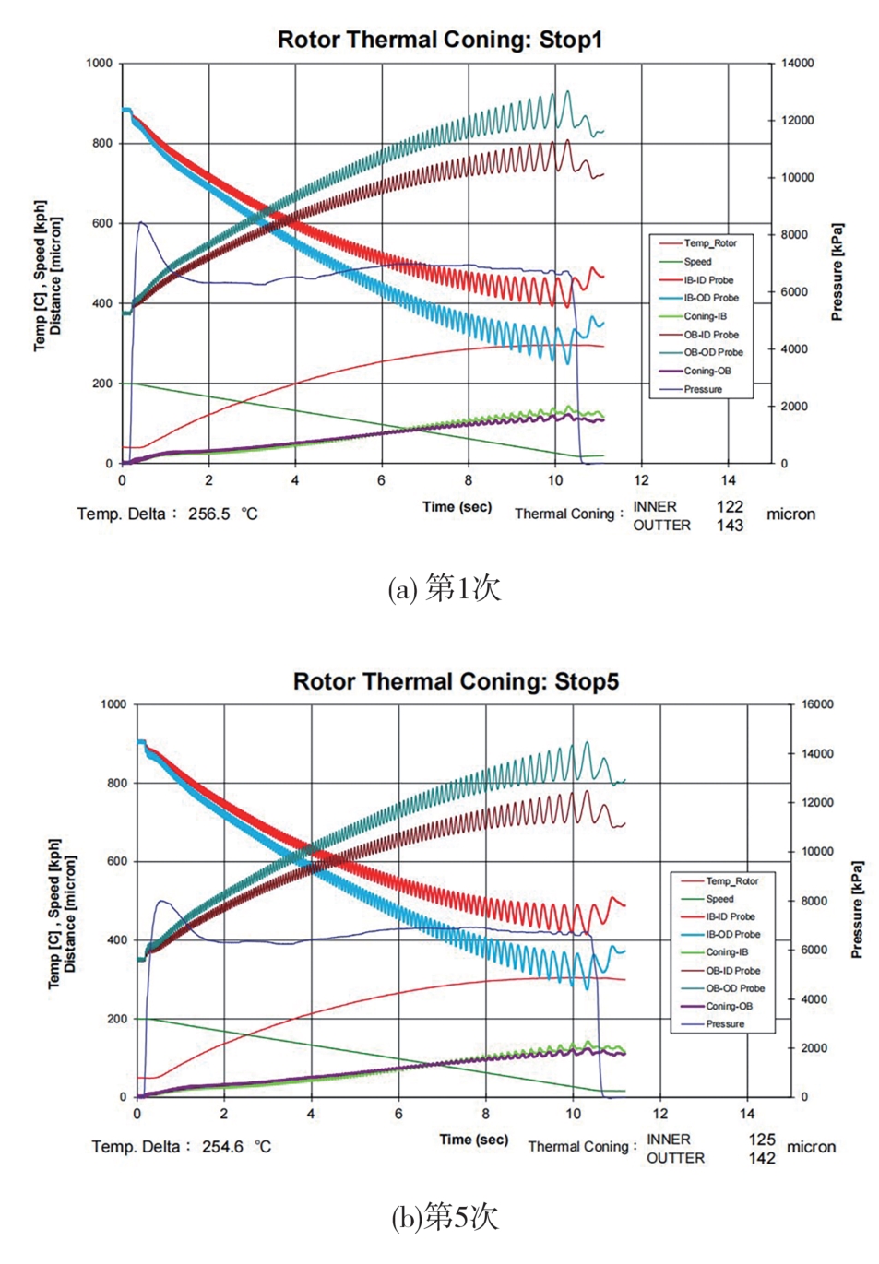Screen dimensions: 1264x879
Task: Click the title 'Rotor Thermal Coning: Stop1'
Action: point(439,40)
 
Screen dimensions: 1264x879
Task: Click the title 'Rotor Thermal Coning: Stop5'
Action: point(456,681)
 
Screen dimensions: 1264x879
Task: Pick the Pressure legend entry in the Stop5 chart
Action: point(725,1024)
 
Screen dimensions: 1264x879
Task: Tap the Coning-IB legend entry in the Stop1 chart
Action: point(705,316)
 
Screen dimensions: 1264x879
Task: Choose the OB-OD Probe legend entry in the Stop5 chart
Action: point(735,988)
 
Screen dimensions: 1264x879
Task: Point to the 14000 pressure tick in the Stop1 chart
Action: point(798,64)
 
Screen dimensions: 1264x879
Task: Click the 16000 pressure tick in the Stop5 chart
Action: point(817,704)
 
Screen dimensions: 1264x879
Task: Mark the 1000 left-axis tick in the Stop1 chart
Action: point(99,64)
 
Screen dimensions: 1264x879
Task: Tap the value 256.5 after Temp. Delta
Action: point(208,514)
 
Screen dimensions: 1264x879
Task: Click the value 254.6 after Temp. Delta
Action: point(222,1147)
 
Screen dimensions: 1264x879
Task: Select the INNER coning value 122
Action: point(730,506)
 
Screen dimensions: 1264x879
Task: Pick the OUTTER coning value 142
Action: point(762,1158)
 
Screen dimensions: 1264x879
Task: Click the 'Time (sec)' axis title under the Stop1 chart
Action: point(457,506)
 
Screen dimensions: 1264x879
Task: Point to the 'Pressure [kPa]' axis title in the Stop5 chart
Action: point(857,910)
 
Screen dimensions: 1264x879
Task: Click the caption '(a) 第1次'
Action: point(444,587)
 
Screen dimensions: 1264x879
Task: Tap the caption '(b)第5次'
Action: point(445,1218)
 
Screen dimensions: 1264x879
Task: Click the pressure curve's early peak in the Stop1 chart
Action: point(141,222)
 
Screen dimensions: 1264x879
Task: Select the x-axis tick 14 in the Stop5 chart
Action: point(747,1114)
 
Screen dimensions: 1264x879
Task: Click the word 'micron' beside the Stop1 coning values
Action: point(790,514)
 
